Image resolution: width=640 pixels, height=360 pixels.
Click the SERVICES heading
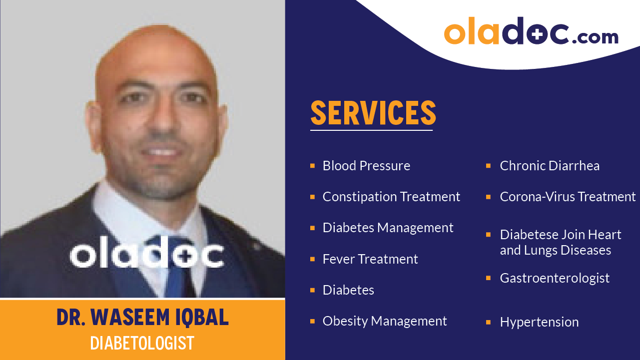373,113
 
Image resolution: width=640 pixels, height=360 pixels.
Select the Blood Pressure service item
366,166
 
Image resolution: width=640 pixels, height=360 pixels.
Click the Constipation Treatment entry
391,197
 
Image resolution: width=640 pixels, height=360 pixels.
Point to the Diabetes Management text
388,228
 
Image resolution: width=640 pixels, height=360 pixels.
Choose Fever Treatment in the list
370,259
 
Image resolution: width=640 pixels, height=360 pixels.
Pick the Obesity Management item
385,321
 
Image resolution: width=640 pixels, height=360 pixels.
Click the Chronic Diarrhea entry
550,166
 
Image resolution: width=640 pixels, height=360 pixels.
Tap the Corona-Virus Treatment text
568,197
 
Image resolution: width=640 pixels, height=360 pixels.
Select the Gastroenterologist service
555,278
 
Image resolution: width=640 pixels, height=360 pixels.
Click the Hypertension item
539,322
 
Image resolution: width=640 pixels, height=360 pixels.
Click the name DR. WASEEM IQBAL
142,318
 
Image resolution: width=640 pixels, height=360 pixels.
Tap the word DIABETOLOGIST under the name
142,344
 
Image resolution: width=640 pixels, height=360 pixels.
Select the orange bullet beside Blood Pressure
312,165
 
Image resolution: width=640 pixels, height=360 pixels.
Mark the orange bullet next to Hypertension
488,322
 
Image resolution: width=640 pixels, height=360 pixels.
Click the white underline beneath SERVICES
371,130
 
